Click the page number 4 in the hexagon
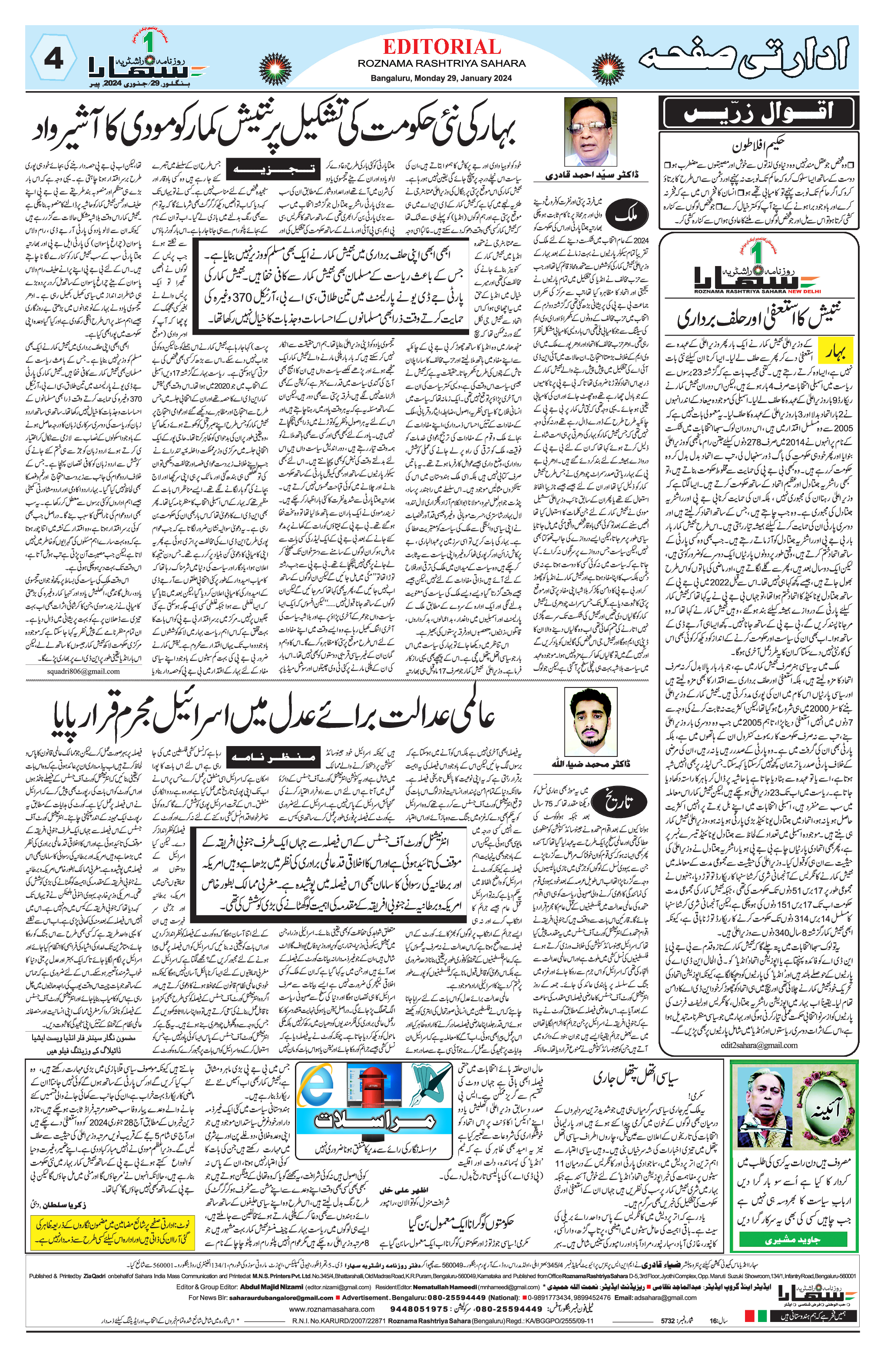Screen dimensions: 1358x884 53,59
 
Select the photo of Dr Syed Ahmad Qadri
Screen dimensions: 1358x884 590,132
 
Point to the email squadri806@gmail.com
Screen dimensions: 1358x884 83,671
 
